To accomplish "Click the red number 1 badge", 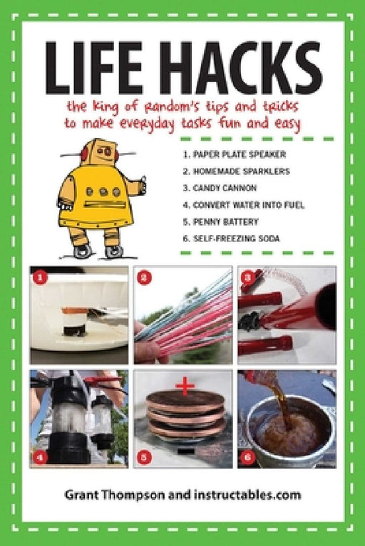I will (x=40, y=278).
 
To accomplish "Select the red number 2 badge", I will (x=144, y=278).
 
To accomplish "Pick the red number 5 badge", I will (x=144, y=457).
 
